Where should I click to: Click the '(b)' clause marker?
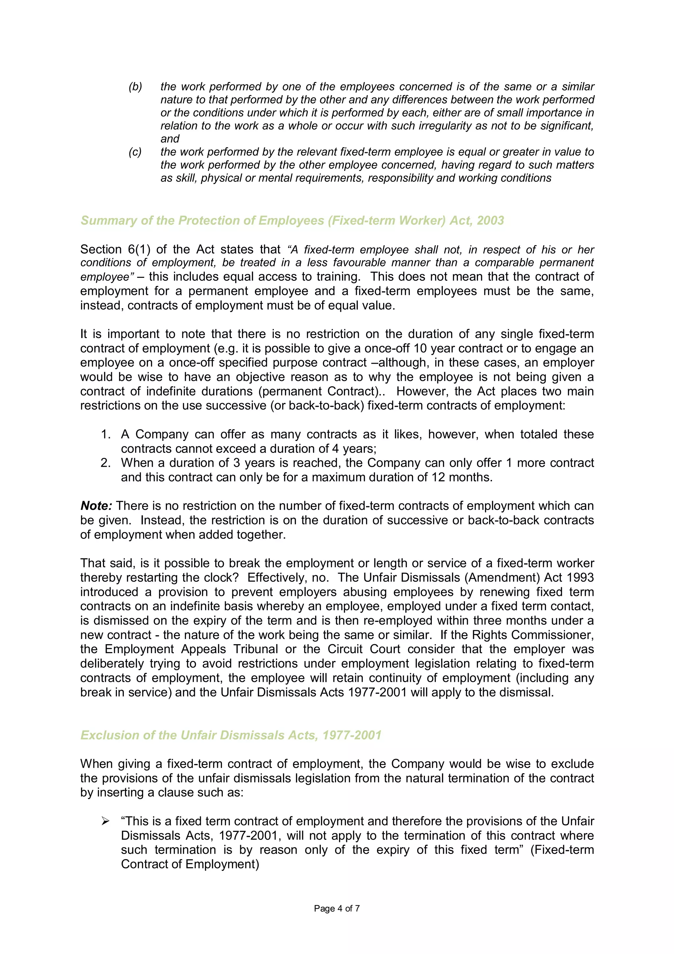pyautogui.click(x=135, y=87)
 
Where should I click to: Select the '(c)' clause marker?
pyautogui.click(x=135, y=152)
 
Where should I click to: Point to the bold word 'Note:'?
pyautogui.click(x=96, y=506)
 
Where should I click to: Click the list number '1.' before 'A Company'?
pyautogui.click(x=106, y=434)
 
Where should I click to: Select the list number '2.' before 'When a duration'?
pyautogui.click(x=106, y=463)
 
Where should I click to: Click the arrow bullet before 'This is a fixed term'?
pyautogui.click(x=106, y=821)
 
